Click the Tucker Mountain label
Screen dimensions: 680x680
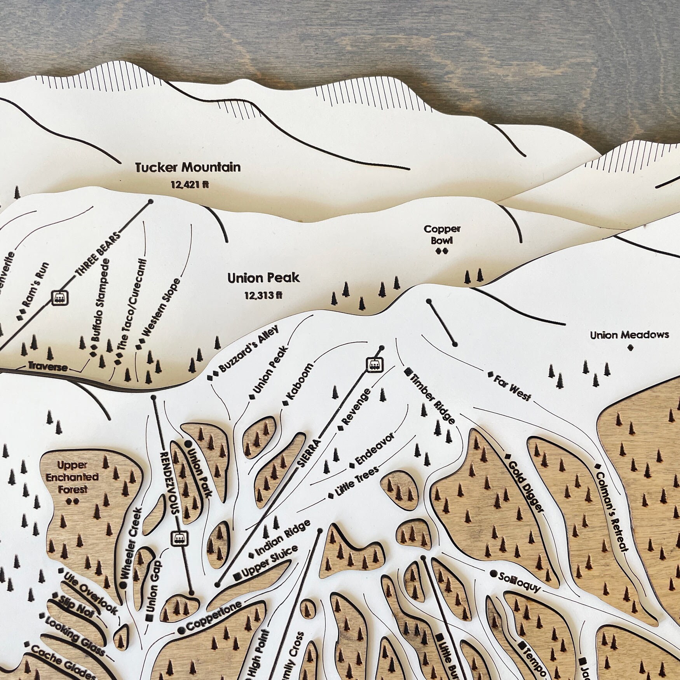(x=188, y=167)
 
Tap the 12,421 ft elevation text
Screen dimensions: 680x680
(x=190, y=185)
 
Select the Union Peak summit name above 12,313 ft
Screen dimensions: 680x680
(x=263, y=278)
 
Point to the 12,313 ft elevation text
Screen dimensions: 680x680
(x=263, y=296)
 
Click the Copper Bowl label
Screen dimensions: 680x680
(x=442, y=234)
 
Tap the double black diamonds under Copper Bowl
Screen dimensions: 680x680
(x=442, y=251)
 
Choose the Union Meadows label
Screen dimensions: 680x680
(x=629, y=335)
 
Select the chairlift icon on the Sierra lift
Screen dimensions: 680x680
(x=375, y=364)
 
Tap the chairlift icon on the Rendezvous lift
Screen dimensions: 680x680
(x=180, y=537)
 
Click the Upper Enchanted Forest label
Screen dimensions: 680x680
(x=72, y=477)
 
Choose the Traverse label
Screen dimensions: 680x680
(x=48, y=367)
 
